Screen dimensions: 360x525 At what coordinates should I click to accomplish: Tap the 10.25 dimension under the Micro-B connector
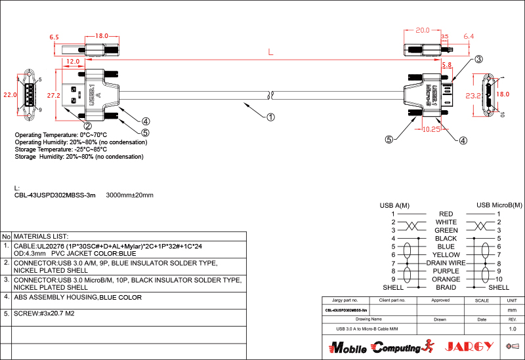pyautogui.click(x=431, y=129)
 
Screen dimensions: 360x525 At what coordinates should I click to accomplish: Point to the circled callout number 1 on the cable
pyautogui.click(x=270, y=118)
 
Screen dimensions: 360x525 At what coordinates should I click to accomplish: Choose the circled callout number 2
pyautogui.click(x=87, y=125)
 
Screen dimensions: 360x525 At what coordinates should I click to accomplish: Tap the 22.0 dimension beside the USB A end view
pyautogui.click(x=10, y=95)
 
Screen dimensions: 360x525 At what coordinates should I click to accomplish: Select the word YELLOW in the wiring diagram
pyautogui.click(x=446, y=254)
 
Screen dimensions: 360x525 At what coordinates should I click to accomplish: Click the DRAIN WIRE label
pyautogui.click(x=446, y=262)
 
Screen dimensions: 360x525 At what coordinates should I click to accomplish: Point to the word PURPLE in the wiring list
pyautogui.click(x=446, y=271)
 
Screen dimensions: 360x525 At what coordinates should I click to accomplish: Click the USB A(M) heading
pyautogui.click(x=394, y=205)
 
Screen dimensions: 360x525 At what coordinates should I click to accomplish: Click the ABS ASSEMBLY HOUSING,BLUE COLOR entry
pyautogui.click(x=77, y=297)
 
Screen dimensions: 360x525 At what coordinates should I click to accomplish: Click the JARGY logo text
pyautogui.click(x=469, y=346)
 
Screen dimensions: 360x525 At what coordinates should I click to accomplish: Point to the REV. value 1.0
pyautogui.click(x=513, y=329)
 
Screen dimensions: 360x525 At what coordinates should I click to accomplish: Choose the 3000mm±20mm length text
pyautogui.click(x=129, y=195)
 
